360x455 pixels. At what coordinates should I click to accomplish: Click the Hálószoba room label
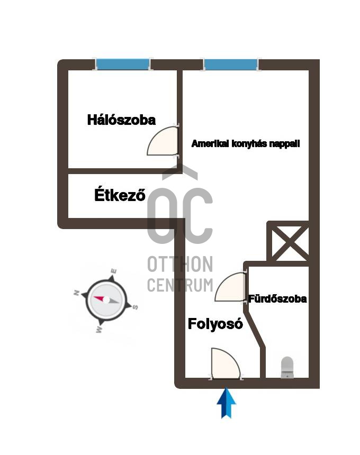121,120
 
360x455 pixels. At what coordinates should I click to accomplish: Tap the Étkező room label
120,195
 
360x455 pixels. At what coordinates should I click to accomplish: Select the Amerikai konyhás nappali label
246,143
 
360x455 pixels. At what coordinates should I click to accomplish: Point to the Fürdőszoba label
277,299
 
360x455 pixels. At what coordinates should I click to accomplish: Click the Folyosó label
215,324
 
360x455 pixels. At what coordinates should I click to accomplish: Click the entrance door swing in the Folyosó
226,363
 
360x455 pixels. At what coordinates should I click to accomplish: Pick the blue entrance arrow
227,403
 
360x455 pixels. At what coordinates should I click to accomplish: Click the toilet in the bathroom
287,367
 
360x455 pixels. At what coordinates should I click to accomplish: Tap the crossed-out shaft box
287,241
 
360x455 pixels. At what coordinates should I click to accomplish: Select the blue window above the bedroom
123,65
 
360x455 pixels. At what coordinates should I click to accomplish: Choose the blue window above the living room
231,65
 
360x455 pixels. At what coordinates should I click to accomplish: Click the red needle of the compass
100,298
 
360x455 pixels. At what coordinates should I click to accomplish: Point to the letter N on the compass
77,293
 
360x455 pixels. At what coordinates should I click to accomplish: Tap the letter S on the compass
136,307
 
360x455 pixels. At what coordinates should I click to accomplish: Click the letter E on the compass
114,271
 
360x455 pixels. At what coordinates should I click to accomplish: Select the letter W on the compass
99,330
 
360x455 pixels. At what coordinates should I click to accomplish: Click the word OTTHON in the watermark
180,264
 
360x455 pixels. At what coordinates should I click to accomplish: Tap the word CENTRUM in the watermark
180,285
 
